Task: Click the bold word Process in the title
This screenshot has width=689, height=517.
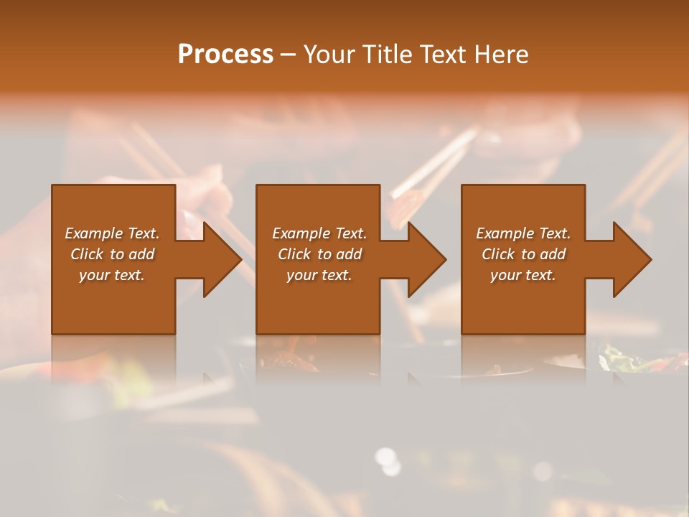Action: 225,55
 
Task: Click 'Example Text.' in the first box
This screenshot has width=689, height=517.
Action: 112,233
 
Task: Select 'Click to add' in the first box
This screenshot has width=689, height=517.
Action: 112,254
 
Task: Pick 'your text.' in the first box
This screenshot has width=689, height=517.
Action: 112,275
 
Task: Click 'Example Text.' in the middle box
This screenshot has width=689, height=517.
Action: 319,233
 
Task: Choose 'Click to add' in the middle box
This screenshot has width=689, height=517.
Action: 319,254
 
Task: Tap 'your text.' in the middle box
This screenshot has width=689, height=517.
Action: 319,275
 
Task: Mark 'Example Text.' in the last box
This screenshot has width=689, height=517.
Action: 523,233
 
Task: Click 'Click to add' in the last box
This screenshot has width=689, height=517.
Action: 523,254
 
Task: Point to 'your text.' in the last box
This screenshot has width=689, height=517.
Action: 523,275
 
